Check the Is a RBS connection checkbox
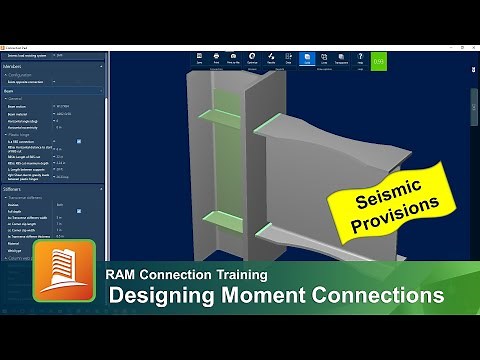(79, 141)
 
